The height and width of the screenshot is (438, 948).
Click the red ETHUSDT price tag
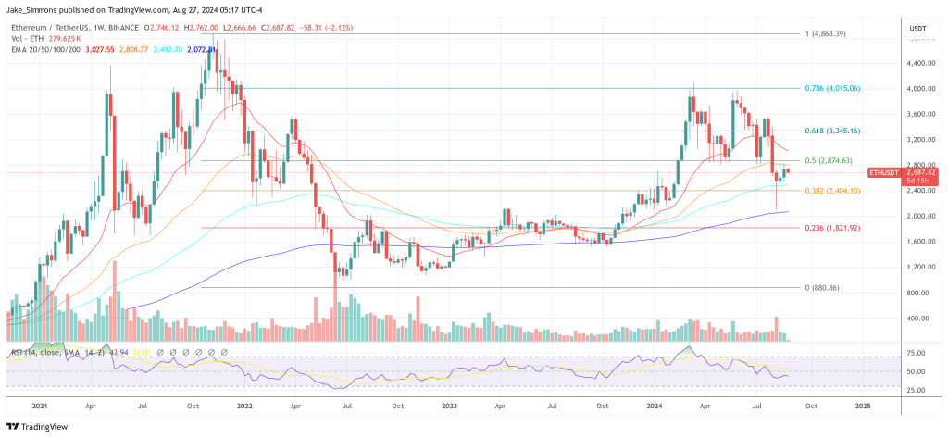(x=889, y=172)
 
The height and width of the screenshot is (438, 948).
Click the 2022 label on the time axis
(x=245, y=406)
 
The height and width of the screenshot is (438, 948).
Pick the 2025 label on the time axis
(x=863, y=406)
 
